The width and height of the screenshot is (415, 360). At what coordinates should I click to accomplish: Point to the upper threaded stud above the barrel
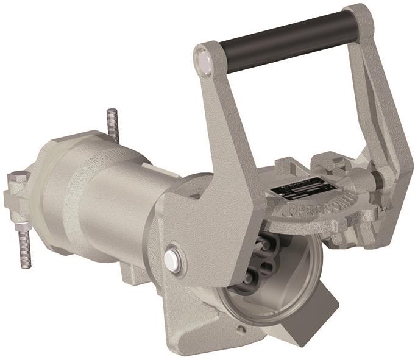tap(114, 125)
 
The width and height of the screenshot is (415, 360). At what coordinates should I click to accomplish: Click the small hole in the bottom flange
tap(243, 330)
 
